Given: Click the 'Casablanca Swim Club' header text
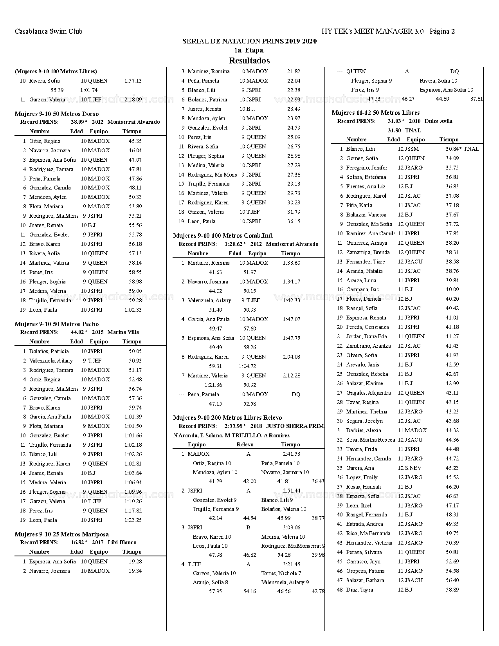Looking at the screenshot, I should pos(49,31).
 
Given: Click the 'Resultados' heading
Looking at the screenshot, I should pos(249,60).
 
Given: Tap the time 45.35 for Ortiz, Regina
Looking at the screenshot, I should pos(135,141).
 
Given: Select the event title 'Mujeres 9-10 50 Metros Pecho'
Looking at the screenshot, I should pos(57,324).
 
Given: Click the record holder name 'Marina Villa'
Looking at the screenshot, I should pos(123,332).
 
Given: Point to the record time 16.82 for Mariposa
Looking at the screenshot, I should pos(77,542).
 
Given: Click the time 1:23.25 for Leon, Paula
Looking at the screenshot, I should pos(133,520).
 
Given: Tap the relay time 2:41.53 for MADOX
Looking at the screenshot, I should pos(291,454).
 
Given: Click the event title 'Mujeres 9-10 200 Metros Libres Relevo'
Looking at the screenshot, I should pos(227,417).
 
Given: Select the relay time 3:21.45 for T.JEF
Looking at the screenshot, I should pos(291,564).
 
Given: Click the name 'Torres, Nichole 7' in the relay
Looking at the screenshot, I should pos(281,573).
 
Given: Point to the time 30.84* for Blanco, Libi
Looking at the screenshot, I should pos(453,149).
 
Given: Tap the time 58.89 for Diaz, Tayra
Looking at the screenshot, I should pos(452,590).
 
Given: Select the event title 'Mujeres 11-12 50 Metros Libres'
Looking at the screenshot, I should pos(375,113).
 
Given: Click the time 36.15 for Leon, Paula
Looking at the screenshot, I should pos(294,221).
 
